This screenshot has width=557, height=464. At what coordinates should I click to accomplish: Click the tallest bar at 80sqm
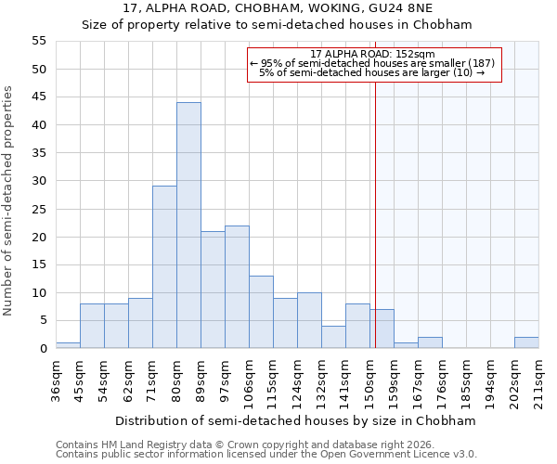click(188, 226)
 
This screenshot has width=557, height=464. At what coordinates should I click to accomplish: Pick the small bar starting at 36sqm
click(68, 345)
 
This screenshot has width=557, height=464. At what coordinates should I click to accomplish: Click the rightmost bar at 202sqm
click(526, 342)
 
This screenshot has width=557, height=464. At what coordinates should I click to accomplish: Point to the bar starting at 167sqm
click(430, 342)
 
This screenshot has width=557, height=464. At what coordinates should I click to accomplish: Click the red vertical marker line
click(375, 213)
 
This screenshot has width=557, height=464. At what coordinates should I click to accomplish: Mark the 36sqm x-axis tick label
click(56, 378)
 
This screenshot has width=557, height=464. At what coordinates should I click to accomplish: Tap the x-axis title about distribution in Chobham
click(297, 420)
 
